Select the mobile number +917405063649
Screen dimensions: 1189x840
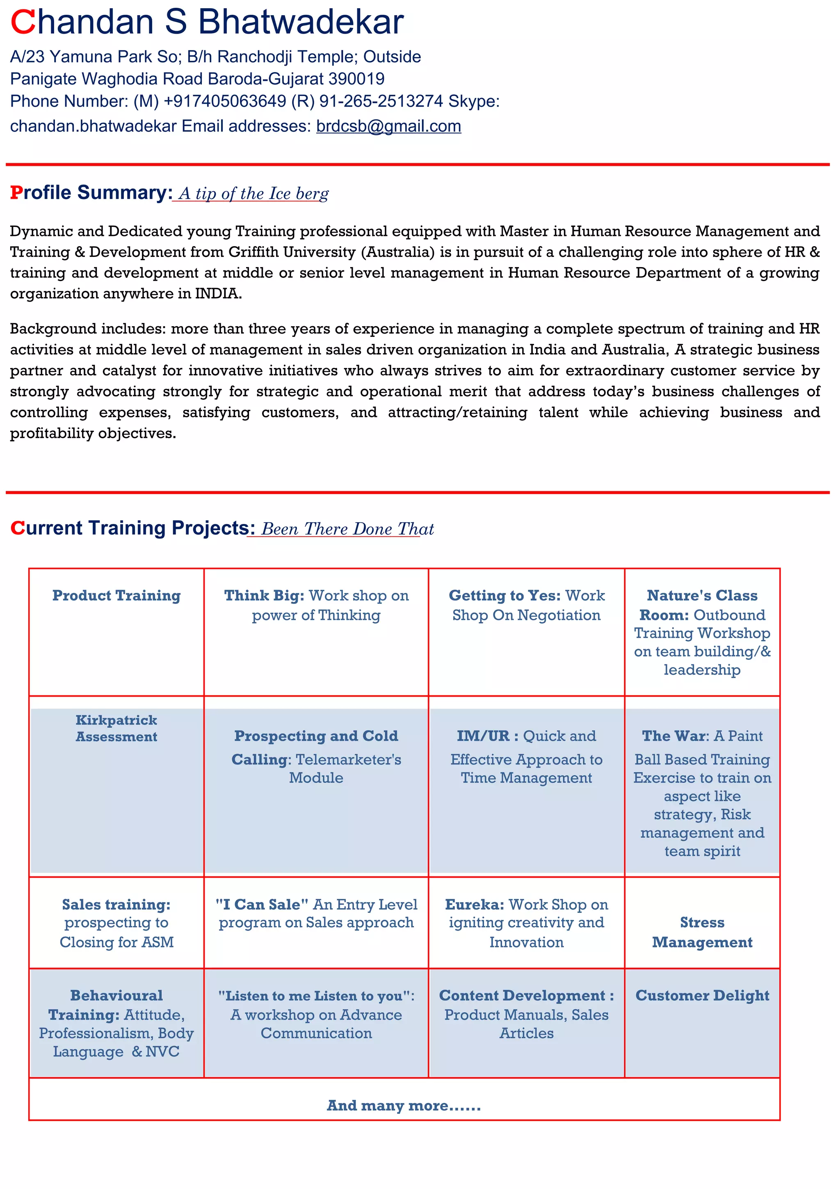click(x=225, y=101)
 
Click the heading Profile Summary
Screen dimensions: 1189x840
click(x=91, y=193)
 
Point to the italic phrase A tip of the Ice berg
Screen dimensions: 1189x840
click(x=253, y=194)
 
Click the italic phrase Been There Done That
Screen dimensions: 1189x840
click(x=347, y=529)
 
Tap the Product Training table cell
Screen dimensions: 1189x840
click(x=116, y=596)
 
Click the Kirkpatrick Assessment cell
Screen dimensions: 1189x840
click(x=116, y=728)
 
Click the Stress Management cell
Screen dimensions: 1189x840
click(x=702, y=932)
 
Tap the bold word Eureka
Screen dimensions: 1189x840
click(x=474, y=904)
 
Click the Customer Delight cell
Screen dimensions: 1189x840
click(x=702, y=995)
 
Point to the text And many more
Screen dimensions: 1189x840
click(x=404, y=1106)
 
